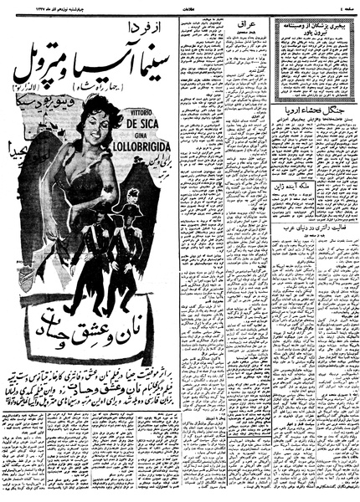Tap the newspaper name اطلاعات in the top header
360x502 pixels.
tap(180, 6)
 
